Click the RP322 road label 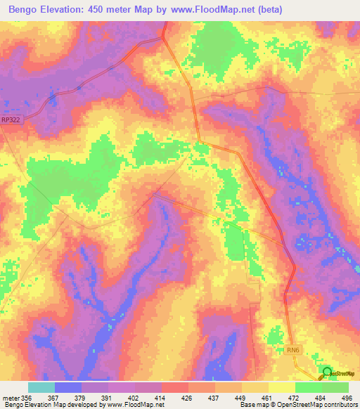11,120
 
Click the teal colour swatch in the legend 41,387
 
